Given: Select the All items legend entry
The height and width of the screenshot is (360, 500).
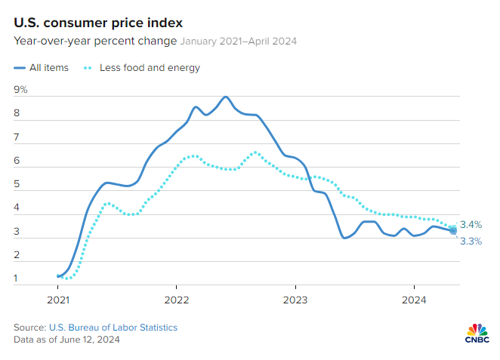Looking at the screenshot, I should coord(42,67).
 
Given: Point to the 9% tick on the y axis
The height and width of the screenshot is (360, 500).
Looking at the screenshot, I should coord(20,90).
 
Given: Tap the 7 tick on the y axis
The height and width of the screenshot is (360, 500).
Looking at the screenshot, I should coord(17,137).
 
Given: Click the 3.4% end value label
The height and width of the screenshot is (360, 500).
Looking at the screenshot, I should coord(471,224).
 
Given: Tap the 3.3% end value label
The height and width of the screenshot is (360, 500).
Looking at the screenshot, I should coord(471,242).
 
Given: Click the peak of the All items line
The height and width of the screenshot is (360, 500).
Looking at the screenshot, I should coord(225,97).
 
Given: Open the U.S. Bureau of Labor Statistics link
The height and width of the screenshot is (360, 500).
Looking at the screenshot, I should coord(113,328).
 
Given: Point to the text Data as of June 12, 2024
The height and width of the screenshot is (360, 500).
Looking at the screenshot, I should coord(66,340).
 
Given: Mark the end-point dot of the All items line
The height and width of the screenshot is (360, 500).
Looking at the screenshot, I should coord(452,231).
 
